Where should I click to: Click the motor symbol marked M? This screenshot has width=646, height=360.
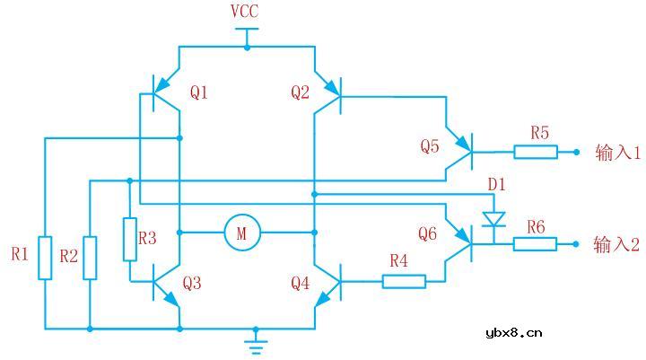pyautogui.click(x=240, y=233)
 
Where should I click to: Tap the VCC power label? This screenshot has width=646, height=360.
pyautogui.click(x=246, y=12)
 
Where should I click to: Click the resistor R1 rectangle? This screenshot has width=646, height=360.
pyautogui.click(x=45, y=257)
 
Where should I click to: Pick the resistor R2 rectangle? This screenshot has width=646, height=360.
pyautogui.click(x=90, y=257)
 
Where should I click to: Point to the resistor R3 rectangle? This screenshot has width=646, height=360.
pyautogui.click(x=130, y=238)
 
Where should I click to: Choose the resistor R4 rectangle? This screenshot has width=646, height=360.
pyautogui.click(x=404, y=281)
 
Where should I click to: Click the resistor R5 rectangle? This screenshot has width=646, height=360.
pyautogui.click(x=535, y=152)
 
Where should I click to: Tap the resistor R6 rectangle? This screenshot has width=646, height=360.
pyautogui.click(x=535, y=243)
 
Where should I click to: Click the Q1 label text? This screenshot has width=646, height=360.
pyautogui.click(x=198, y=92)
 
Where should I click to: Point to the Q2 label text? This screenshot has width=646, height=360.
pyautogui.click(x=301, y=92)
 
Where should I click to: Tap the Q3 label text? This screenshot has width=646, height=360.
pyautogui.click(x=192, y=284)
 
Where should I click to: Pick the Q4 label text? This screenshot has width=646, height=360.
pyautogui.click(x=301, y=284)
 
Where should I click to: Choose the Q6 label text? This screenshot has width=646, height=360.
pyautogui.click(x=428, y=234)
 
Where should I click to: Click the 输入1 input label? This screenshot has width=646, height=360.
pyautogui.click(x=617, y=153)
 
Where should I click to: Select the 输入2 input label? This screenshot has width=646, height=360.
pyautogui.click(x=617, y=244)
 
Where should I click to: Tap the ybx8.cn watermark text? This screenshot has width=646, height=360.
pyautogui.click(x=513, y=333)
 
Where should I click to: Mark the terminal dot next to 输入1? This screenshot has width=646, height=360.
pyautogui.click(x=577, y=152)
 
